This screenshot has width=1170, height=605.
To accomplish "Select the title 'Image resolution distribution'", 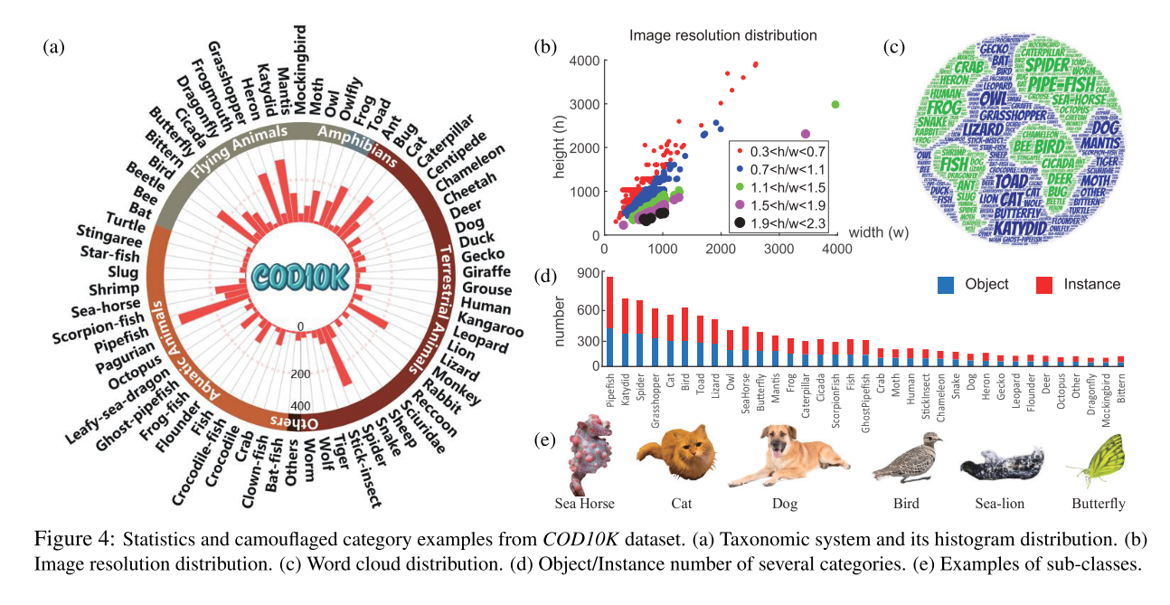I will [x=723, y=36].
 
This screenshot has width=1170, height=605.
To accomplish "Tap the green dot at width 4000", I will [x=835, y=105].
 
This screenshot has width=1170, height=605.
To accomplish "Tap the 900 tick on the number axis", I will [x=584, y=273].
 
